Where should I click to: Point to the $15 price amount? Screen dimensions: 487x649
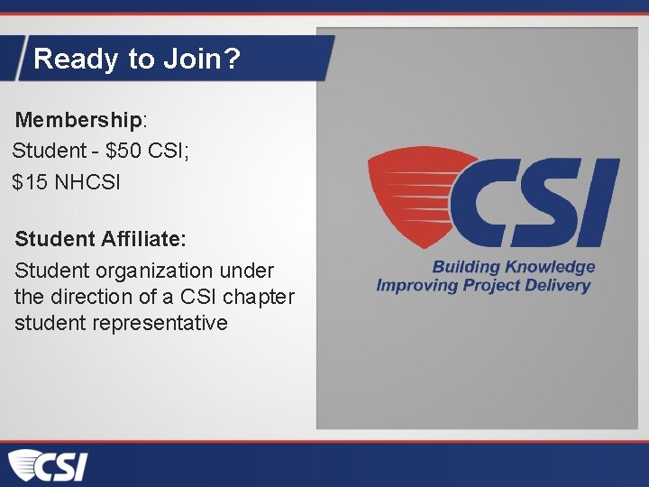point(30,182)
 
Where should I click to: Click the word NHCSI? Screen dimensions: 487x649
point(87,182)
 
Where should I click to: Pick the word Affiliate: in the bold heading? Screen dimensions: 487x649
point(144,239)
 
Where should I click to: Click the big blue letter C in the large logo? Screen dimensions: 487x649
point(487,202)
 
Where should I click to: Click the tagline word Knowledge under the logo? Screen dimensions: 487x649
point(550,267)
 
